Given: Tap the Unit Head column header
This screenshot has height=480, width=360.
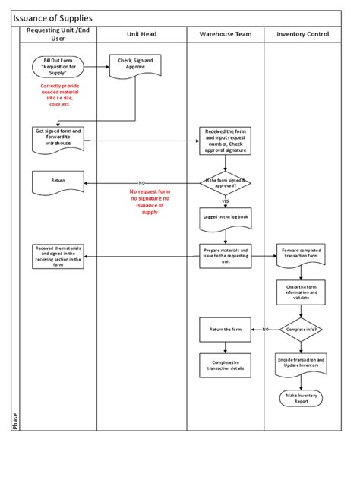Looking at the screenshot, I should coord(141,35).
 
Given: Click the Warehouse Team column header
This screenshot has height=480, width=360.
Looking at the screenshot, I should coord(226,35).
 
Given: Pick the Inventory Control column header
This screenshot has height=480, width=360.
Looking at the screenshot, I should coord(302,35).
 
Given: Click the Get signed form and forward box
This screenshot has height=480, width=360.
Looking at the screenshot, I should coord(58,137).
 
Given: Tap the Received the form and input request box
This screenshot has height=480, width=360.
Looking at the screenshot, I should coord(226,141).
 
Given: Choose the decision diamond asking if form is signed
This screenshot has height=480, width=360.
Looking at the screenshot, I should coord(226,182).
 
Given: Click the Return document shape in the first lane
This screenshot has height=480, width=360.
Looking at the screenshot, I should coord(58,182).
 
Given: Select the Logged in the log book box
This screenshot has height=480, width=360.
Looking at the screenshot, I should coord(226,219).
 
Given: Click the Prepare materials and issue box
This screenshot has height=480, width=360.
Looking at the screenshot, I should coord(226,255).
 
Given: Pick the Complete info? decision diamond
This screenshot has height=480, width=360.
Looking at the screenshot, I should coord(302,330).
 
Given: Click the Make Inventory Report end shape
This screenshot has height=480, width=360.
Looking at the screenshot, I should coord(302,398).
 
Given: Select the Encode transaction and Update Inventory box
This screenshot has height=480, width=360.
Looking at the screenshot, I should coord(302,363).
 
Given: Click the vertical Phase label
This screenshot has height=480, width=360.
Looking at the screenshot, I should coord(15,420).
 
